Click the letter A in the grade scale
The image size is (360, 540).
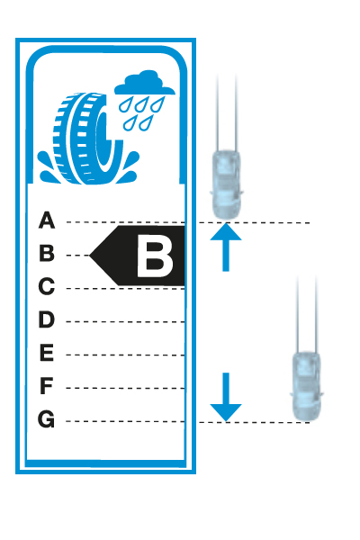click(x=47, y=220)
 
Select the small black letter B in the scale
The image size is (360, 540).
click(x=47, y=253)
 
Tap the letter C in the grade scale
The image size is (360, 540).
click(x=47, y=286)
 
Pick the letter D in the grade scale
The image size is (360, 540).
click(x=47, y=319)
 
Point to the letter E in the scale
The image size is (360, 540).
click(x=47, y=352)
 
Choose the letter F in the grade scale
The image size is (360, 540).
click(x=47, y=386)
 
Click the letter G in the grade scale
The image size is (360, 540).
click(x=46, y=419)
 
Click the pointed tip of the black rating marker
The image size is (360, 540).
click(x=90, y=256)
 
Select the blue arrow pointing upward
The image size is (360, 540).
click(x=226, y=247)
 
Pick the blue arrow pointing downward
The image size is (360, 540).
click(x=226, y=397)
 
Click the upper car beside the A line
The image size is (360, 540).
click(x=226, y=184)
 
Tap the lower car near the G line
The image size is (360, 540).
click(x=306, y=386)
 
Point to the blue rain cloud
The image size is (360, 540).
click(x=145, y=84)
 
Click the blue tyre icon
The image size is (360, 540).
click(x=88, y=138)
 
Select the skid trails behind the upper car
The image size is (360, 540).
click(x=227, y=112)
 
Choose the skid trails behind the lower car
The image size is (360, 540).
click(x=307, y=314)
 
